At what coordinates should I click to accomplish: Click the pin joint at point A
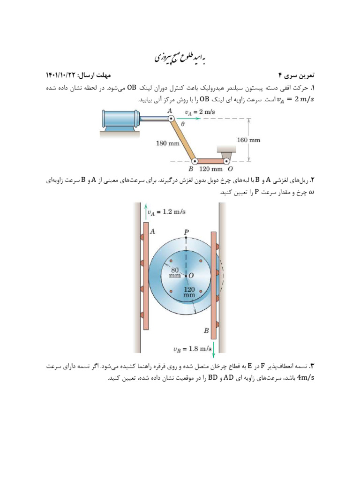172,120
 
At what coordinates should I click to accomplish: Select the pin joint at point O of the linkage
225,161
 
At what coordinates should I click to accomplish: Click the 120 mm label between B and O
211,169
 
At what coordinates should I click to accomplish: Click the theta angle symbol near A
182,125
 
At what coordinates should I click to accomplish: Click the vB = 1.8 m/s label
191,349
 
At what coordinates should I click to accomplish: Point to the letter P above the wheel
186,232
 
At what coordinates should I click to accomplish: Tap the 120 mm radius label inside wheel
189,292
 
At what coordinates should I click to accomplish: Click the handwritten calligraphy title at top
180,58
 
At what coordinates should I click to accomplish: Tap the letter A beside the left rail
153,231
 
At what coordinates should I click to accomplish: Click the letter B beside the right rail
206,331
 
